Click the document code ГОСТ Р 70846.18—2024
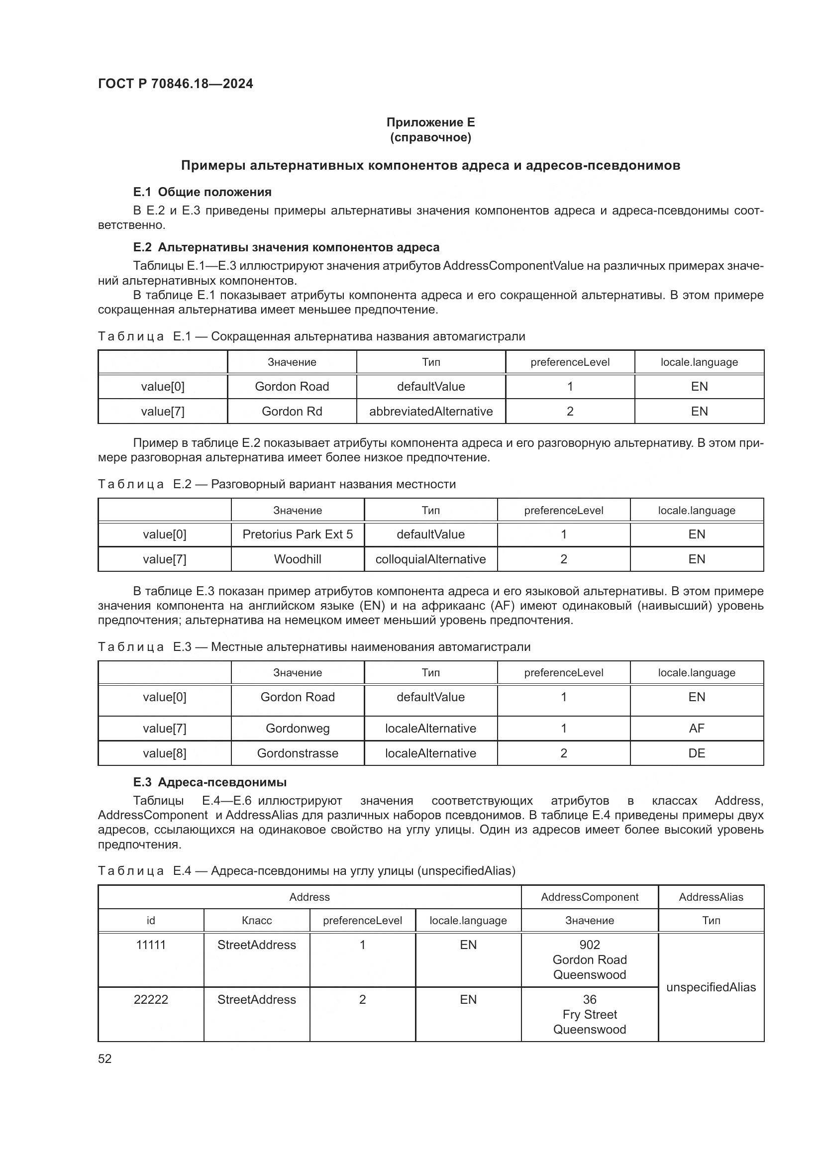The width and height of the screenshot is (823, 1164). (175, 84)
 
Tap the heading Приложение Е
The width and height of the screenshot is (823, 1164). (430, 122)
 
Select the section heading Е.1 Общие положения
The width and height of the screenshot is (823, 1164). (202, 192)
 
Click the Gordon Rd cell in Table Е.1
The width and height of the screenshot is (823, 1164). (292, 411)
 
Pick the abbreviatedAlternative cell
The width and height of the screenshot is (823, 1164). (431, 411)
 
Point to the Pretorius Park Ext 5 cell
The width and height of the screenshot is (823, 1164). (298, 534)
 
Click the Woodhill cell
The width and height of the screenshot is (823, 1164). (298, 559)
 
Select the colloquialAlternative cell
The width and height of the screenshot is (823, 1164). (430, 559)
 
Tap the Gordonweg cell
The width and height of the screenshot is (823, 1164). (298, 729)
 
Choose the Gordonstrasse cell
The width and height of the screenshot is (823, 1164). (298, 753)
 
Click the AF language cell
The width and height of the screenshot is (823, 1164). (696, 729)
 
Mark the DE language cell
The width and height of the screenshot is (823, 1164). (696, 753)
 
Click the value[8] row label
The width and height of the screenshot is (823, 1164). (164, 753)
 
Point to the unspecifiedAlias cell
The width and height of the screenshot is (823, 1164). (711, 987)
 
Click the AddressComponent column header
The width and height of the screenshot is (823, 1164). (589, 897)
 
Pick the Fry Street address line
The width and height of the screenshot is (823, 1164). (589, 1014)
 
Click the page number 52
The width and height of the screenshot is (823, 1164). (105, 1058)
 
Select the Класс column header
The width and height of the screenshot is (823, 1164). (256, 921)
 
